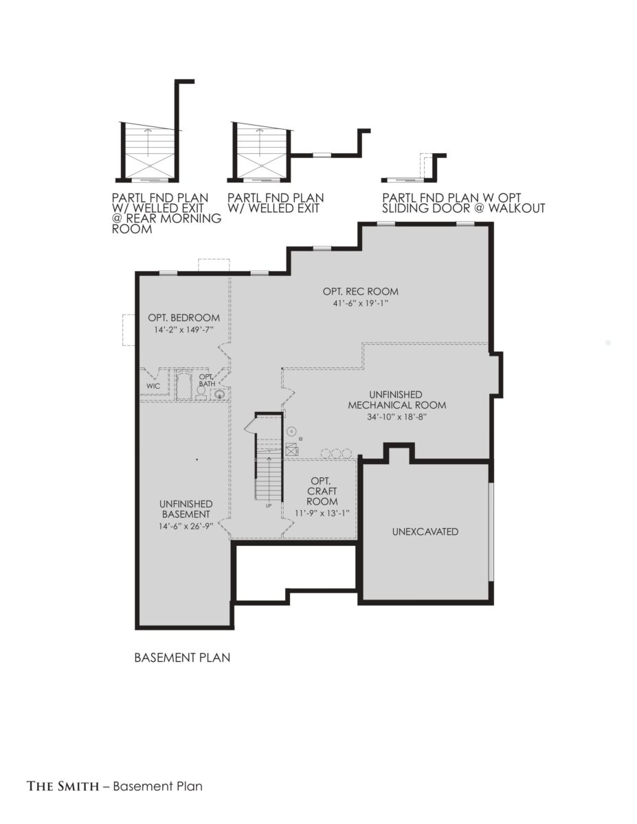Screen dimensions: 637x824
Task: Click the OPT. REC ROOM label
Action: click(361, 292)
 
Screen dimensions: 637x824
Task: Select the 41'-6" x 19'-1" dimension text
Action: click(361, 304)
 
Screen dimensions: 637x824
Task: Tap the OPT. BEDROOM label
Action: click(183, 318)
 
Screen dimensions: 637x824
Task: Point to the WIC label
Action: click(153, 386)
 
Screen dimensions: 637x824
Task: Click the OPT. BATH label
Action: click(207, 380)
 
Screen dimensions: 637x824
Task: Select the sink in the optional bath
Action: click(219, 394)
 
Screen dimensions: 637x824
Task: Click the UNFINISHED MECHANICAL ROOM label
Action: click(397, 400)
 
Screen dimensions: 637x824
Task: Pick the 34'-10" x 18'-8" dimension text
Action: click(397, 417)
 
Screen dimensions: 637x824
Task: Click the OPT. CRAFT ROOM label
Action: click(322, 491)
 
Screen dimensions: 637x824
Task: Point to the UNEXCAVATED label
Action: click(425, 531)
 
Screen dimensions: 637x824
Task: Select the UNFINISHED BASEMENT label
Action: click(186, 509)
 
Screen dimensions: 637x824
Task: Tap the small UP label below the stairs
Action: click(269, 505)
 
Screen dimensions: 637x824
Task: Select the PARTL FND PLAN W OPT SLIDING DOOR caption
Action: click(464, 203)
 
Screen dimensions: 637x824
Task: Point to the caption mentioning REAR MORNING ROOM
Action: click(166, 213)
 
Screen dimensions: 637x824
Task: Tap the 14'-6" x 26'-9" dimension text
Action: click(186, 526)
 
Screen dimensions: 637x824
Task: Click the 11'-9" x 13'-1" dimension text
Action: click(322, 513)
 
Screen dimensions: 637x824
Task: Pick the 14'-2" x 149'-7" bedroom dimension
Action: click(184, 330)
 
